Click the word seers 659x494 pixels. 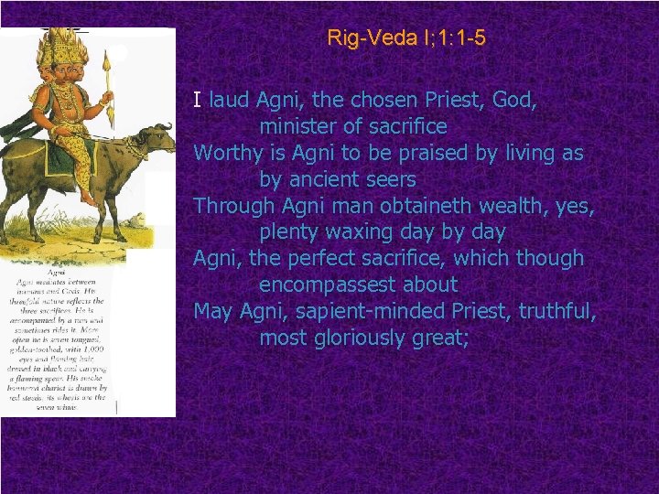[389, 179]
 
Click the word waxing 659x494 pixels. [366, 232]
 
